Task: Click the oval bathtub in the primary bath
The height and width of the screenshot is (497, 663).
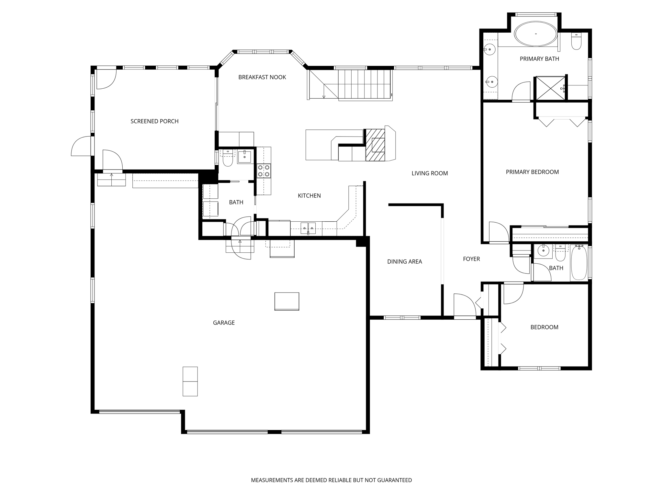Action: (536, 34)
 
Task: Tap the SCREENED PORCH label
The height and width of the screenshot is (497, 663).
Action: (154, 121)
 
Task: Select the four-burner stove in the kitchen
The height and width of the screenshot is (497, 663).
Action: (264, 171)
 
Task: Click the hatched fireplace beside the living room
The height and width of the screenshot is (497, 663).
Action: (376, 145)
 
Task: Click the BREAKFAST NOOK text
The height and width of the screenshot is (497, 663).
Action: (262, 77)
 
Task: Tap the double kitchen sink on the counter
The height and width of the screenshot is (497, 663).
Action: (308, 228)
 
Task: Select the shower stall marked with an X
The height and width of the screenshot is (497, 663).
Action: (550, 88)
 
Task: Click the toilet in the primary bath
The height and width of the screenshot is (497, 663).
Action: (576, 42)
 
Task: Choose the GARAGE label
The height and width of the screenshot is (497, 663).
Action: (224, 323)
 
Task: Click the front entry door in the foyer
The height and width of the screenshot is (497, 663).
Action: (465, 306)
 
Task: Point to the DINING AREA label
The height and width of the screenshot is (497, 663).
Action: (404, 262)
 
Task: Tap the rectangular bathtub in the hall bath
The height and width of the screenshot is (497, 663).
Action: (579, 263)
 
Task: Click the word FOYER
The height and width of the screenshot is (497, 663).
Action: (471, 259)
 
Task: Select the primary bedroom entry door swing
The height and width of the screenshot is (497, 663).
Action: (498, 232)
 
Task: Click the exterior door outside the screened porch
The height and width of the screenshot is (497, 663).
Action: (81, 147)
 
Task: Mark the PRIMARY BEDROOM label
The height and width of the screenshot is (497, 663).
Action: (532, 172)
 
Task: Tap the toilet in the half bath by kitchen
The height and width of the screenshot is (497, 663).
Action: (228, 159)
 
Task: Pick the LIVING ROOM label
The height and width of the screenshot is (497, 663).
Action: (430, 173)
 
